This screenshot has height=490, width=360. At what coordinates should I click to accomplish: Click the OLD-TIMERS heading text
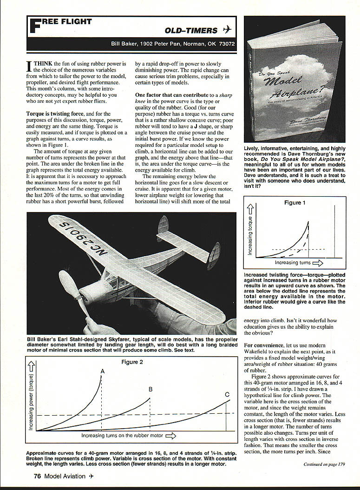point(191,31)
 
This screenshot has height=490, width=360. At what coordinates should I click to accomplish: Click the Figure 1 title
point(295,203)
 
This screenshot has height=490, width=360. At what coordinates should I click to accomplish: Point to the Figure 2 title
point(133,362)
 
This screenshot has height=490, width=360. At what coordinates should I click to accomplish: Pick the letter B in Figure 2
point(150,389)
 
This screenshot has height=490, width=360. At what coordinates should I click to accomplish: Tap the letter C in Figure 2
point(227,395)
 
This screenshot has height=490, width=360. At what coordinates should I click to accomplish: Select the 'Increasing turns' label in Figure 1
point(293,263)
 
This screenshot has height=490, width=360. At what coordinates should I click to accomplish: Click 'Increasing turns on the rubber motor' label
point(123,436)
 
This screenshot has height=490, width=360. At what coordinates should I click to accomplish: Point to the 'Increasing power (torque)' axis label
point(31,402)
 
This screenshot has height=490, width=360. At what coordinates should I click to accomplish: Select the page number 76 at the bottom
point(38,476)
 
